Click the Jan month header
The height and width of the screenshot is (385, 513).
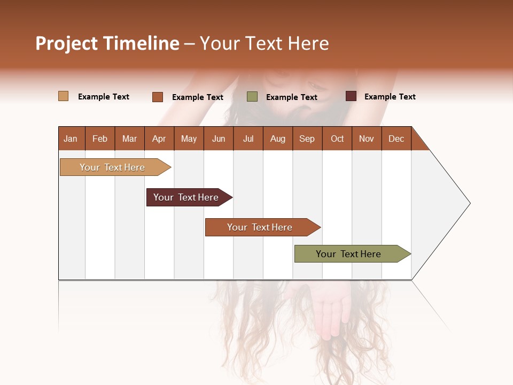pyautogui.click(x=71, y=138)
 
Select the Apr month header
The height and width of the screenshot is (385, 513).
pyautogui.click(x=159, y=138)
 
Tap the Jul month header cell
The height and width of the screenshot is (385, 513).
pyautogui.click(x=248, y=138)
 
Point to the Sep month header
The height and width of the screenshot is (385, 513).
pyautogui.click(x=307, y=138)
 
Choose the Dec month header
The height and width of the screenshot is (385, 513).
pyautogui.click(x=396, y=138)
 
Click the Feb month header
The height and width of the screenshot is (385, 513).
pyautogui.click(x=100, y=138)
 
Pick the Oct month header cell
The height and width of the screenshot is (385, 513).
pyautogui.click(x=337, y=138)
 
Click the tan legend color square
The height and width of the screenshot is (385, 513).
pyautogui.click(x=64, y=96)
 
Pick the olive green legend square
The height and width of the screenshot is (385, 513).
pyautogui.click(x=252, y=97)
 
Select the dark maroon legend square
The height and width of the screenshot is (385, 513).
pyautogui.click(x=351, y=96)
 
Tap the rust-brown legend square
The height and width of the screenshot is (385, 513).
pyautogui.click(x=158, y=97)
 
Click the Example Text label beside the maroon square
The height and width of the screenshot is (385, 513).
pyautogui.click(x=390, y=97)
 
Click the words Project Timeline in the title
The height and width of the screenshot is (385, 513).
pyautogui.click(x=107, y=43)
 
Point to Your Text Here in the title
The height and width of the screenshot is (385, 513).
pyautogui.click(x=264, y=43)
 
